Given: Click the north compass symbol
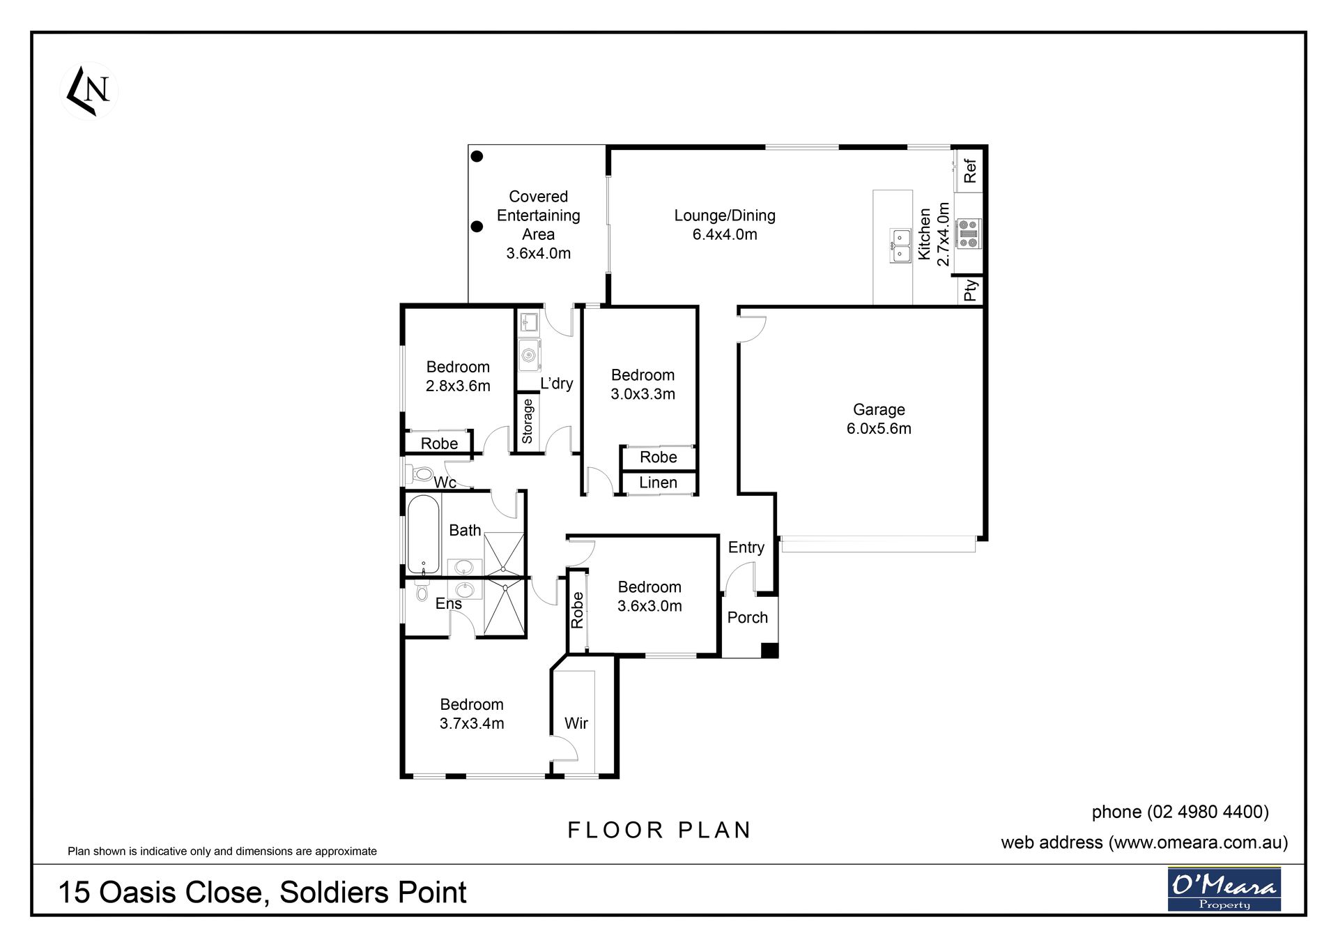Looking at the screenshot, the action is click(x=89, y=91).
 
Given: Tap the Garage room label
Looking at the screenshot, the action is click(x=879, y=409).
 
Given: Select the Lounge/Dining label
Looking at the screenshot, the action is click(x=725, y=215).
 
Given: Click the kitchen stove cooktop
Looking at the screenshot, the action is click(x=968, y=234).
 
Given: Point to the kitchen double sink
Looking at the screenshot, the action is click(x=900, y=246).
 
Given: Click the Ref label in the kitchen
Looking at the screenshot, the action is click(x=970, y=171).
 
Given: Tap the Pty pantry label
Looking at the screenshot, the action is click(x=970, y=290).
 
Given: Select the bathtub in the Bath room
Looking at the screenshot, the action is click(x=423, y=533).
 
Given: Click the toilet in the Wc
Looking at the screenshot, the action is click(x=420, y=474).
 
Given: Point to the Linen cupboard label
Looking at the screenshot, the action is click(x=658, y=483).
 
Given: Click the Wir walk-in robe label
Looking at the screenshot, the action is click(x=576, y=723).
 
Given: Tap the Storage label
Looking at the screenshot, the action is click(x=528, y=421).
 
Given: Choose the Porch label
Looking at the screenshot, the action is click(x=747, y=618).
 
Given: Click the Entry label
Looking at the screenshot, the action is click(x=746, y=547).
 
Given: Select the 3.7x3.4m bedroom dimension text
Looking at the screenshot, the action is click(x=472, y=724).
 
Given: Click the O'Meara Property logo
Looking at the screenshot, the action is click(x=1224, y=888).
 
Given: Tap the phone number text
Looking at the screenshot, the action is click(x=1181, y=812).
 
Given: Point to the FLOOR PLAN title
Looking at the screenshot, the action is click(x=660, y=830).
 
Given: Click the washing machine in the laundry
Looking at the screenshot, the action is click(x=529, y=355).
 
